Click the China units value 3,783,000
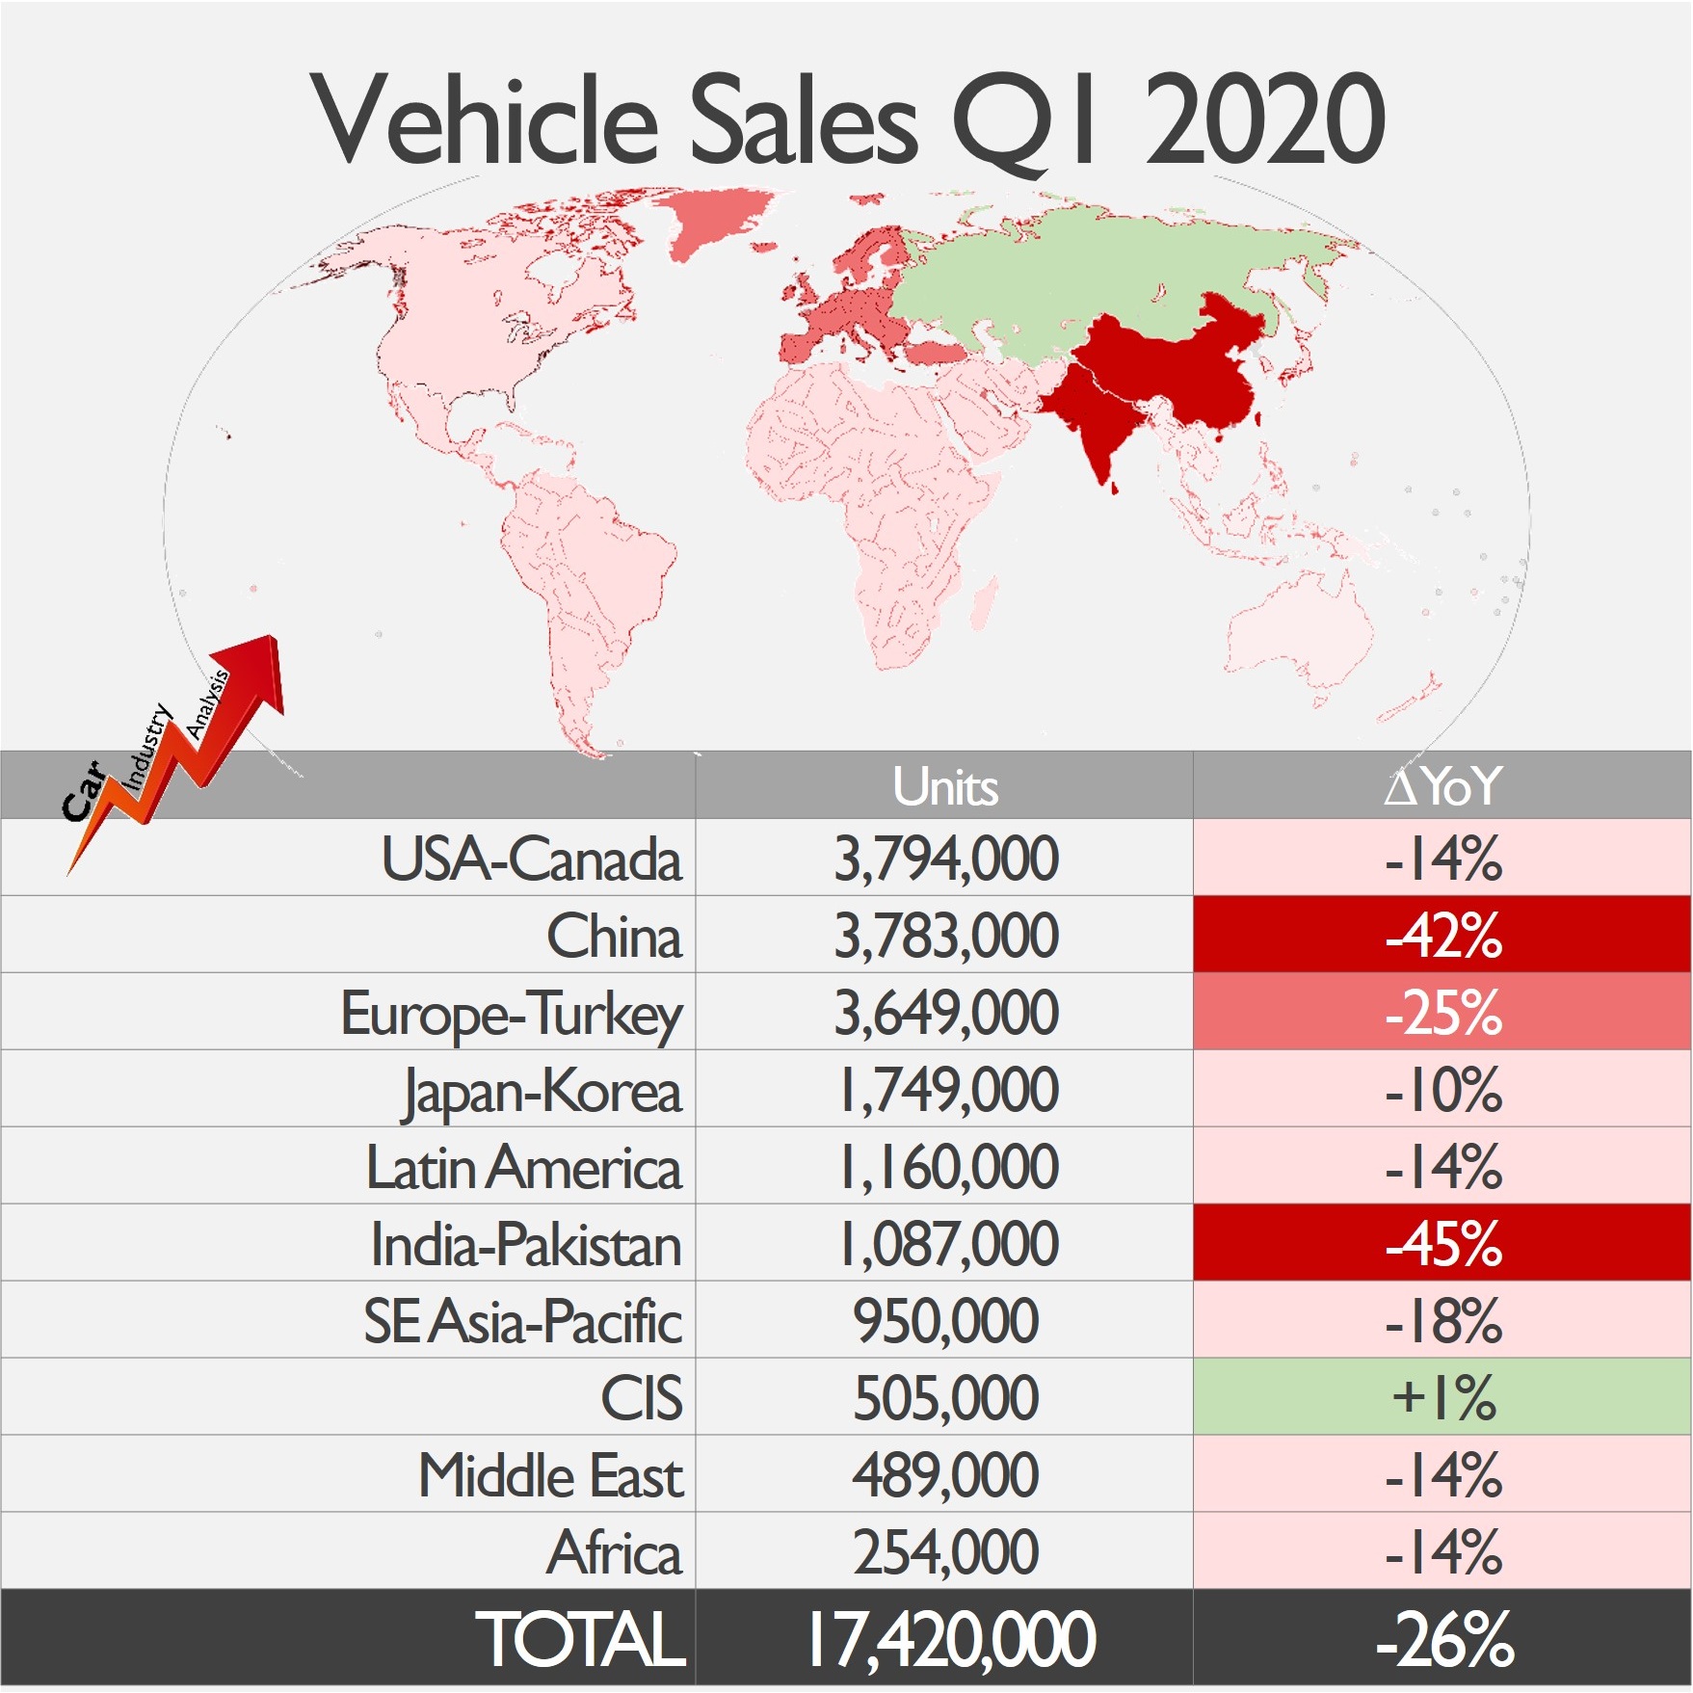[x=945, y=936]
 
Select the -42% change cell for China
[x=1442, y=935]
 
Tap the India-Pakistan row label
[x=526, y=1244]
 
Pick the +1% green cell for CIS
[x=1442, y=1397]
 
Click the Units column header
[x=944, y=786]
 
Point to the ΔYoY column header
[x=1442, y=786]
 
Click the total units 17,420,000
[x=950, y=1639]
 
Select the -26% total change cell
[x=1443, y=1639]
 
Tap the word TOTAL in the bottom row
[x=580, y=1639]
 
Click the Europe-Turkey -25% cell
[x=1442, y=1013]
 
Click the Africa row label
[x=614, y=1552]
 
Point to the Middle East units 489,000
[x=945, y=1475]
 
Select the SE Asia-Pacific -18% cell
[x=1442, y=1321]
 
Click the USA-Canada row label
[x=531, y=859]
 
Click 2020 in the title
[x=1264, y=120]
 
